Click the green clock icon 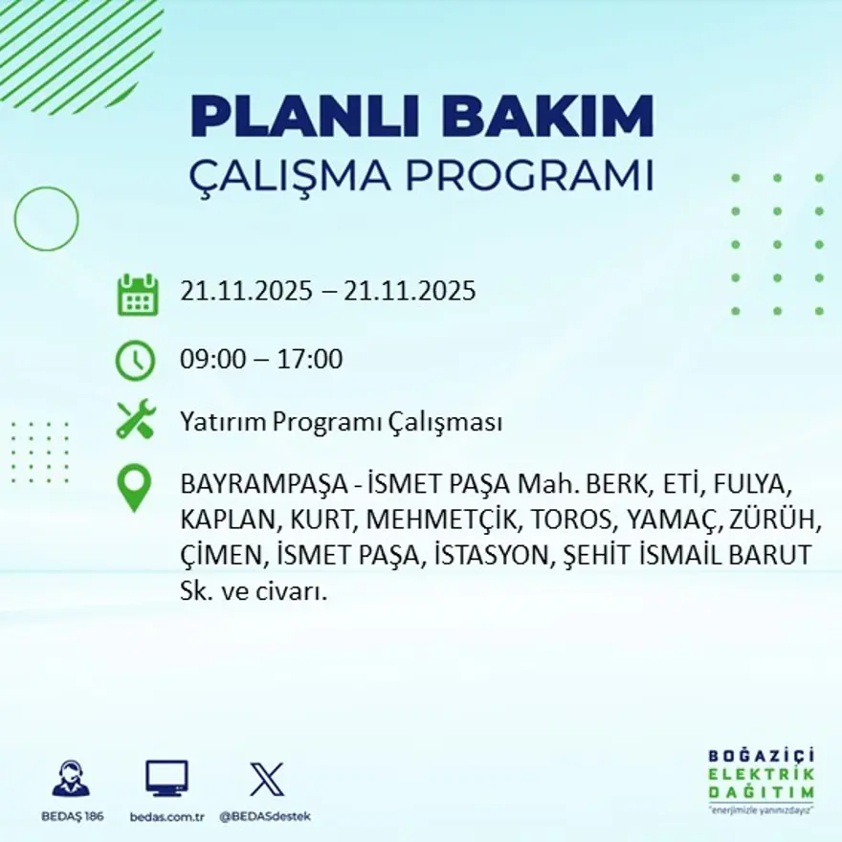135,361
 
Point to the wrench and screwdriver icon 136,421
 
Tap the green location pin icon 135,487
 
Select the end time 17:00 310,361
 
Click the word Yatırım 222,422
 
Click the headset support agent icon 71,779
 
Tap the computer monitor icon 166,779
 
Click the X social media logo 266,779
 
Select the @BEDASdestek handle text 265,816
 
